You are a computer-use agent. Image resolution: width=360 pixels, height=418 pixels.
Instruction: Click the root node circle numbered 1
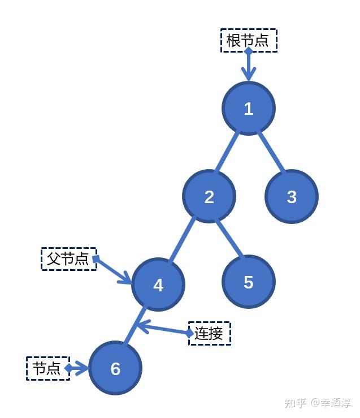tap(248, 108)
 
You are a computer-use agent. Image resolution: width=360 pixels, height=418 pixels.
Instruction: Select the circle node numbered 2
tap(209, 196)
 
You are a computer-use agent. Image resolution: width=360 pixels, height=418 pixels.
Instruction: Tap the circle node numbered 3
tap(291, 196)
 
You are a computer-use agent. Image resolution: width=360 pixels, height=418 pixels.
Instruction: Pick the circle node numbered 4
tap(158, 285)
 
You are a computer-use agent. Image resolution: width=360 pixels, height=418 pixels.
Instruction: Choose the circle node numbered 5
tap(248, 282)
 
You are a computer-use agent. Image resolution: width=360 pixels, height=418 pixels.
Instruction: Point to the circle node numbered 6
tap(115, 368)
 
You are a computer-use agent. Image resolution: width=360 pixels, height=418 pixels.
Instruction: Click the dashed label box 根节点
tap(249, 41)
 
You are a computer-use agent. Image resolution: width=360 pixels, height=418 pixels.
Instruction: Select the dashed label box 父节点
tap(68, 259)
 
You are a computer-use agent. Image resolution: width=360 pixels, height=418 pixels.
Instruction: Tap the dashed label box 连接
tap(209, 333)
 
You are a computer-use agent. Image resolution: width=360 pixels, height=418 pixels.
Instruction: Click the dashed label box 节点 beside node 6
tap(47, 369)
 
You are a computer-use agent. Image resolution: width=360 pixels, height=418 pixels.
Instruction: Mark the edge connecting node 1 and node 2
tap(227, 153)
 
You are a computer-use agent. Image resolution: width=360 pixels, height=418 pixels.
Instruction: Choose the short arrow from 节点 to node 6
tap(77, 369)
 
